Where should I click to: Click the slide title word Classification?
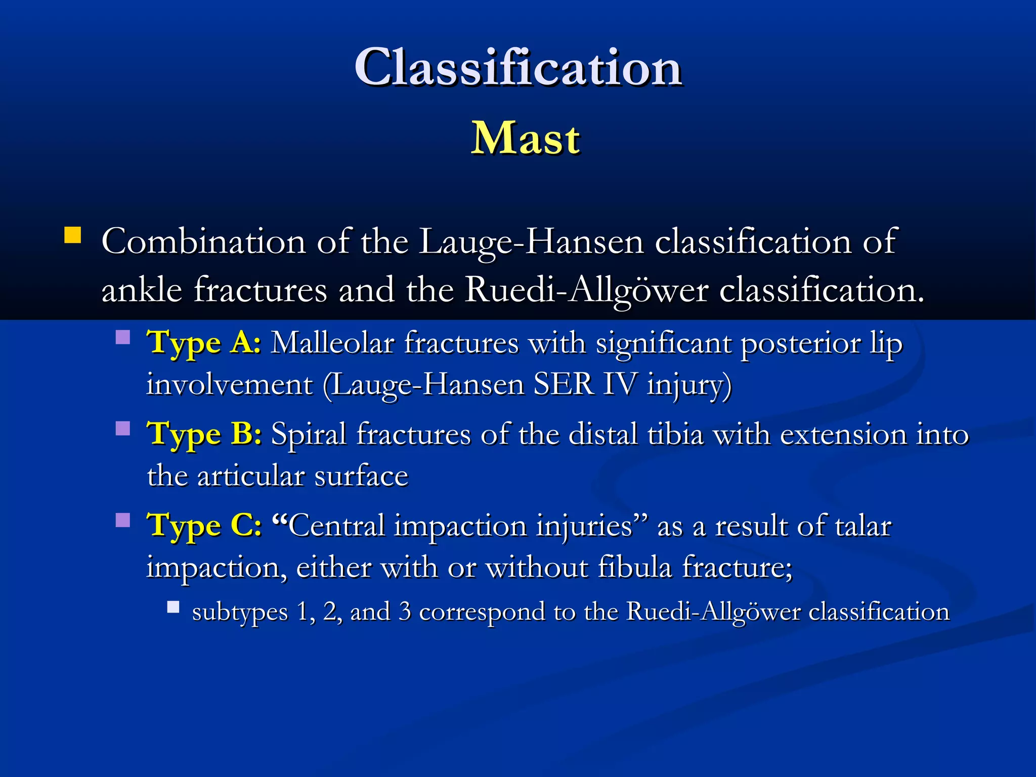518,67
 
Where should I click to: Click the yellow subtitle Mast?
525,138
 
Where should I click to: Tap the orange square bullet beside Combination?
73,236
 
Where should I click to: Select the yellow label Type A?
204,342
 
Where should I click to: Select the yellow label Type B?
204,434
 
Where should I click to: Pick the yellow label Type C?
204,525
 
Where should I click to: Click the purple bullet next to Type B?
123,428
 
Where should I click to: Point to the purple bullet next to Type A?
123,337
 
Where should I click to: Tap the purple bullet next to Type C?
123,520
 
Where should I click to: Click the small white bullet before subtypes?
174,607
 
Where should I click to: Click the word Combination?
203,242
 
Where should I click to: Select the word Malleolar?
332,343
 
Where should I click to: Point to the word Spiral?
309,435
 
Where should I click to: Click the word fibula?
634,567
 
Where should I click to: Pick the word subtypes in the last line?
240,612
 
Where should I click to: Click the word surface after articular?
361,476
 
